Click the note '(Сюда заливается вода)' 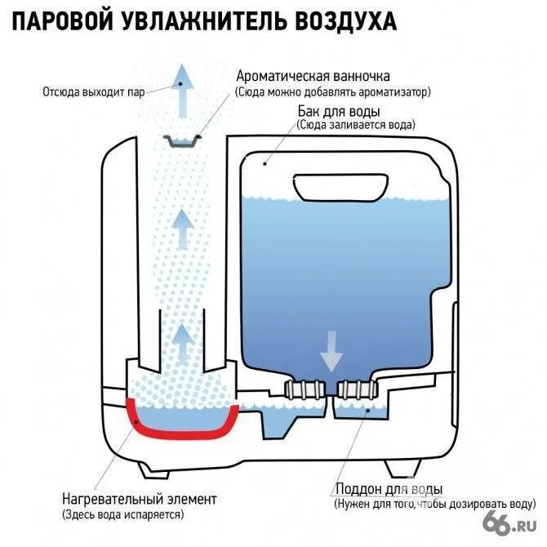click(x=355, y=126)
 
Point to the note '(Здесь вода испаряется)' click(x=121, y=514)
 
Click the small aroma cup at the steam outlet click(x=182, y=140)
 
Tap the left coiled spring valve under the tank click(x=303, y=390)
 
